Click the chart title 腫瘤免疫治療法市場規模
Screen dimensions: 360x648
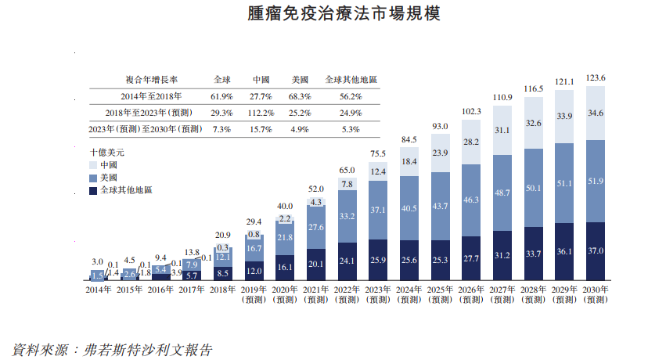(323, 14)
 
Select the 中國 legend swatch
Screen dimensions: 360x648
(94, 166)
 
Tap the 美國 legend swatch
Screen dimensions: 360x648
(94, 178)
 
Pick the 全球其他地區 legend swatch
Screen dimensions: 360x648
(94, 190)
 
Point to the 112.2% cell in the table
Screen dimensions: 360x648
(261, 113)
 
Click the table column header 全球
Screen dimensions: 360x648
(221, 79)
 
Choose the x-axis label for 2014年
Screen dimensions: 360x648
(98, 290)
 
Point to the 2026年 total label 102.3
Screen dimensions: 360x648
(471, 112)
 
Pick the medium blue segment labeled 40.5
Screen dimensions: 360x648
(409, 208)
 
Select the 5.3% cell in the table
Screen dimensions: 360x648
(351, 129)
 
